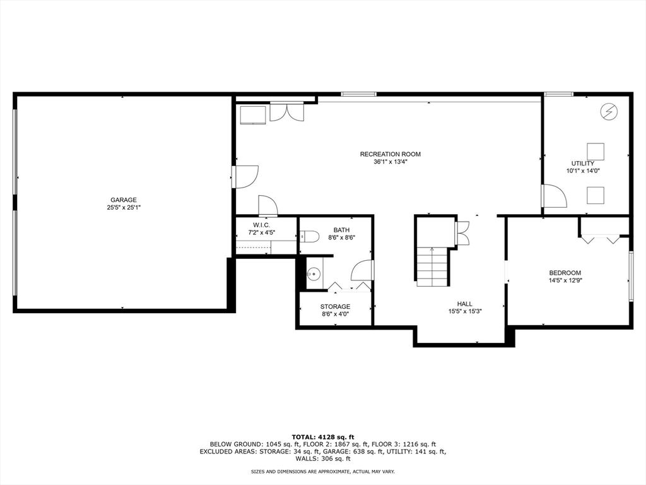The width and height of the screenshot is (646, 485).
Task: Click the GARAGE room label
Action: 123,200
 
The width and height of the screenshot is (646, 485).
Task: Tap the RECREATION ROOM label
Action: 390,154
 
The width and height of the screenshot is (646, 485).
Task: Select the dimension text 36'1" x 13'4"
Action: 390,162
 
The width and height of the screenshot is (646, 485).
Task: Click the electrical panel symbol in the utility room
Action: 609,111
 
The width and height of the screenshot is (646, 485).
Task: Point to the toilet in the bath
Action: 309,237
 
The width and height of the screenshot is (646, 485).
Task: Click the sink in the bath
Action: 315,273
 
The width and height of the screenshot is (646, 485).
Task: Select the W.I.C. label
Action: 261,225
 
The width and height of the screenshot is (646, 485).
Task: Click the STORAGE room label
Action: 336,307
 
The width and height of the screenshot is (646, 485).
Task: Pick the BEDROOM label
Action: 565,273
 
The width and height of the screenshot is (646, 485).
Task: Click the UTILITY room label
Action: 582,164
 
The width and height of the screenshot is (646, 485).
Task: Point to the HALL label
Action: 465,304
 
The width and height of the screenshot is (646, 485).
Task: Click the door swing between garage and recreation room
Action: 245,177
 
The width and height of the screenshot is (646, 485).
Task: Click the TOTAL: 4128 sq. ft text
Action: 323,437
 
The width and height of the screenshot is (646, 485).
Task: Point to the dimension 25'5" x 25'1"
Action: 124,208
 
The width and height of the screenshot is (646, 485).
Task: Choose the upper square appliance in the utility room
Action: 596,152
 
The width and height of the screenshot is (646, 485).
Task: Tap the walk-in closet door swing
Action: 267,205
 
